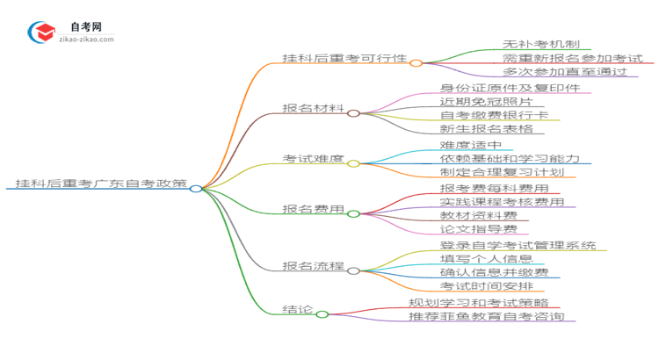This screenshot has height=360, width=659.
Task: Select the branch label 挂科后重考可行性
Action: click(344, 59)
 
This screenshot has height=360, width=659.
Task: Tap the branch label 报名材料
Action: click(313, 109)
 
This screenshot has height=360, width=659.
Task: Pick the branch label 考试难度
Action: click(313, 159)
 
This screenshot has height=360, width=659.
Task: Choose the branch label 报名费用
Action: click(313, 209)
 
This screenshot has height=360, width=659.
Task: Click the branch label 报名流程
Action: click(313, 265)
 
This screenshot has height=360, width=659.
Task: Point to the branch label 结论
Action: click(294, 309)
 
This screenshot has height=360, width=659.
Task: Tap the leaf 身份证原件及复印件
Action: click(509, 88)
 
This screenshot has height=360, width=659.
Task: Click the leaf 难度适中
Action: click(470, 145)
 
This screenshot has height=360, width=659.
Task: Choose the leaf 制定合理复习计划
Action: click(502, 172)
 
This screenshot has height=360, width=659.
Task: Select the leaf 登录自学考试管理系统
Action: click(518, 245)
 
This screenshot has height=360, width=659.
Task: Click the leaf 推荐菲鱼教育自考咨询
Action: click(486, 316)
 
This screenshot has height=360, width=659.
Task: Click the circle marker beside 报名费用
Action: click(353, 213)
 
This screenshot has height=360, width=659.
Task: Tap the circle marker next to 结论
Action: click(322, 313)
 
